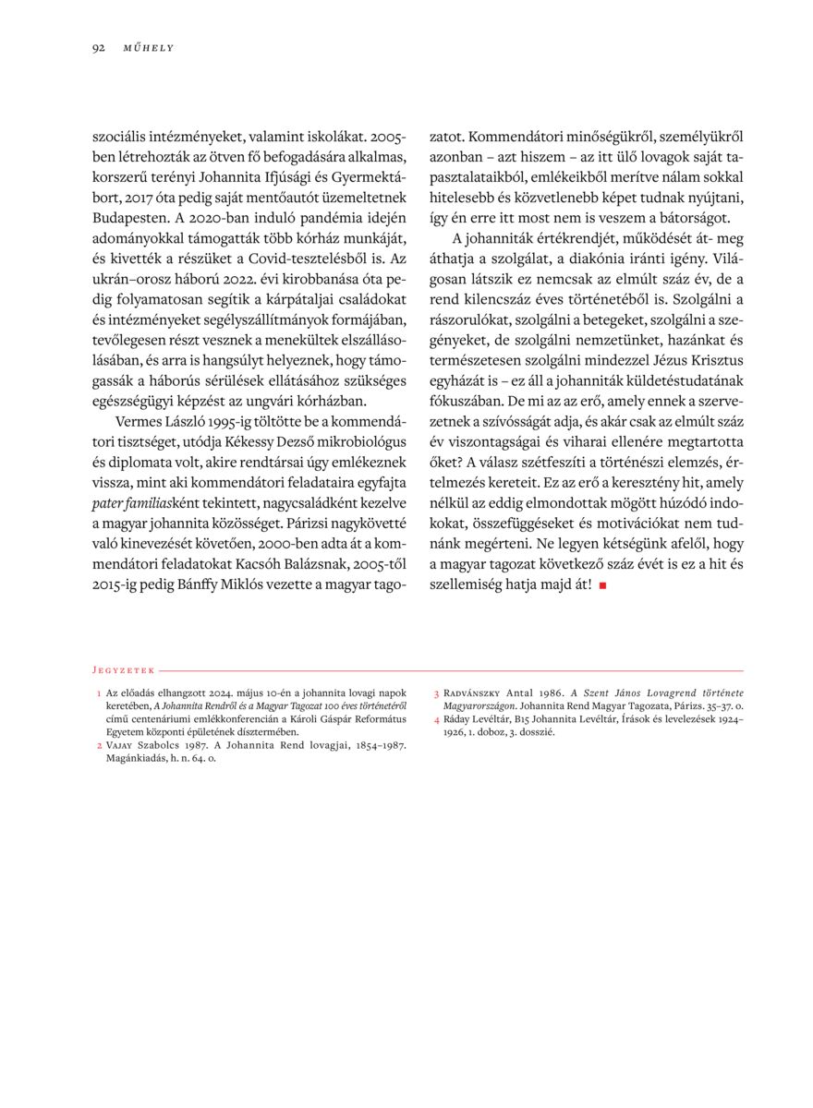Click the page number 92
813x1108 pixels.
(x=98, y=47)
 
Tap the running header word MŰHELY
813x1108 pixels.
(x=148, y=47)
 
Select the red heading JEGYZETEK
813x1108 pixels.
(x=124, y=670)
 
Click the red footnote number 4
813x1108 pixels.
(x=436, y=717)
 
